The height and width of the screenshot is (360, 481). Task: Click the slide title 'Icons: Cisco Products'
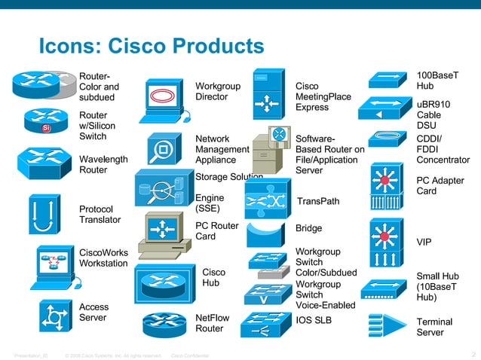151,47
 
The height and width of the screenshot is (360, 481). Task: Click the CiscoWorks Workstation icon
52,267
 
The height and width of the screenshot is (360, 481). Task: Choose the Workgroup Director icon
163,97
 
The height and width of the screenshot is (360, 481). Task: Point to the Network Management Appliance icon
163,151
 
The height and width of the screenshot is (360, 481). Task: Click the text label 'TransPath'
318,202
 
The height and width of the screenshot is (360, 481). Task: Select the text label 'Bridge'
308,228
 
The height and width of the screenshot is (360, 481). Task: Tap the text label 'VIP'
424,242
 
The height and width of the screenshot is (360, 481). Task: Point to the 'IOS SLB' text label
314,320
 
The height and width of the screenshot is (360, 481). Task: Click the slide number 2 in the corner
473,355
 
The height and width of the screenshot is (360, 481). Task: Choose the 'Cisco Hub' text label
213,277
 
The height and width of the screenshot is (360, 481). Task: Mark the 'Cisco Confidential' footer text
191,355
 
